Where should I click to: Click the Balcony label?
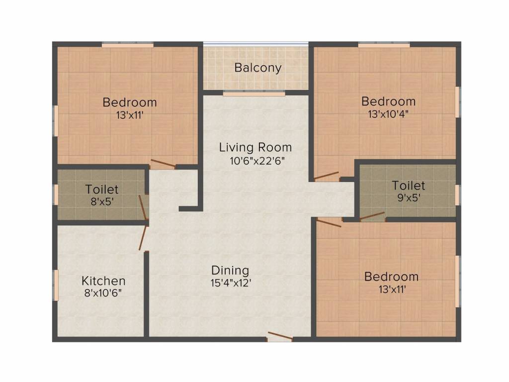point(258,68)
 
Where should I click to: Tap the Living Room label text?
point(255,147)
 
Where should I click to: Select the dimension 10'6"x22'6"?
point(257,161)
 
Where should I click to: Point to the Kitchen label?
point(103,281)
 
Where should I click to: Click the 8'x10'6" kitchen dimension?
point(103,293)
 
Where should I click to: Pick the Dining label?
point(231,271)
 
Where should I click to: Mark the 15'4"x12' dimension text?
point(231,283)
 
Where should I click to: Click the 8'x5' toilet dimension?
point(102,202)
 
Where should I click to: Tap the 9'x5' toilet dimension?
point(409,197)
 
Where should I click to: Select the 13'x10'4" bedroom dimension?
point(388,114)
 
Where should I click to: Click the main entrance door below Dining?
point(280,337)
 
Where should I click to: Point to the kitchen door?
point(143,238)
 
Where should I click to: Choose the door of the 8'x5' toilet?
point(143,207)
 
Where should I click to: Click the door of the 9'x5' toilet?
point(372,216)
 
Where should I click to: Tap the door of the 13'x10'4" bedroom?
point(327,176)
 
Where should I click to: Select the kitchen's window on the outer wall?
point(56,285)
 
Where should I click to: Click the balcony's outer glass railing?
point(255,44)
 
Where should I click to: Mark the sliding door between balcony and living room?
point(254,94)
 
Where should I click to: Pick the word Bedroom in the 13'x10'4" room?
point(389,101)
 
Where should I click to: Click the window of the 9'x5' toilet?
point(458,195)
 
